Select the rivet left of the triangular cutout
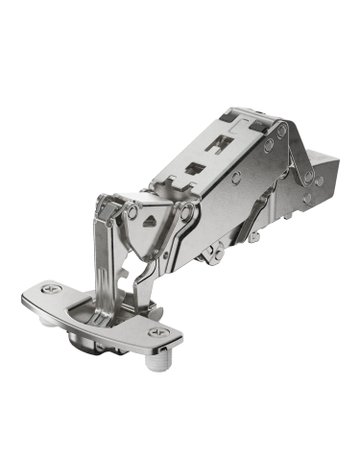(x=129, y=212)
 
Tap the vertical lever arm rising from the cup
(x=107, y=250)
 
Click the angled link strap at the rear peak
(x=301, y=150)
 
